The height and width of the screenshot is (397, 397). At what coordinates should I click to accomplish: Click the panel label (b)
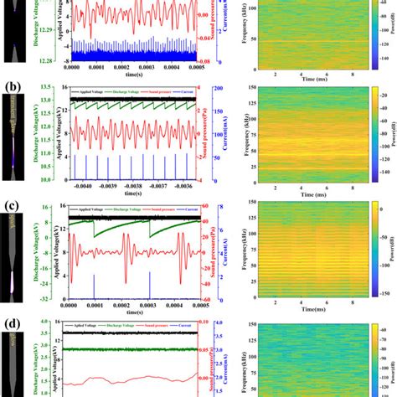click(11, 86)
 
